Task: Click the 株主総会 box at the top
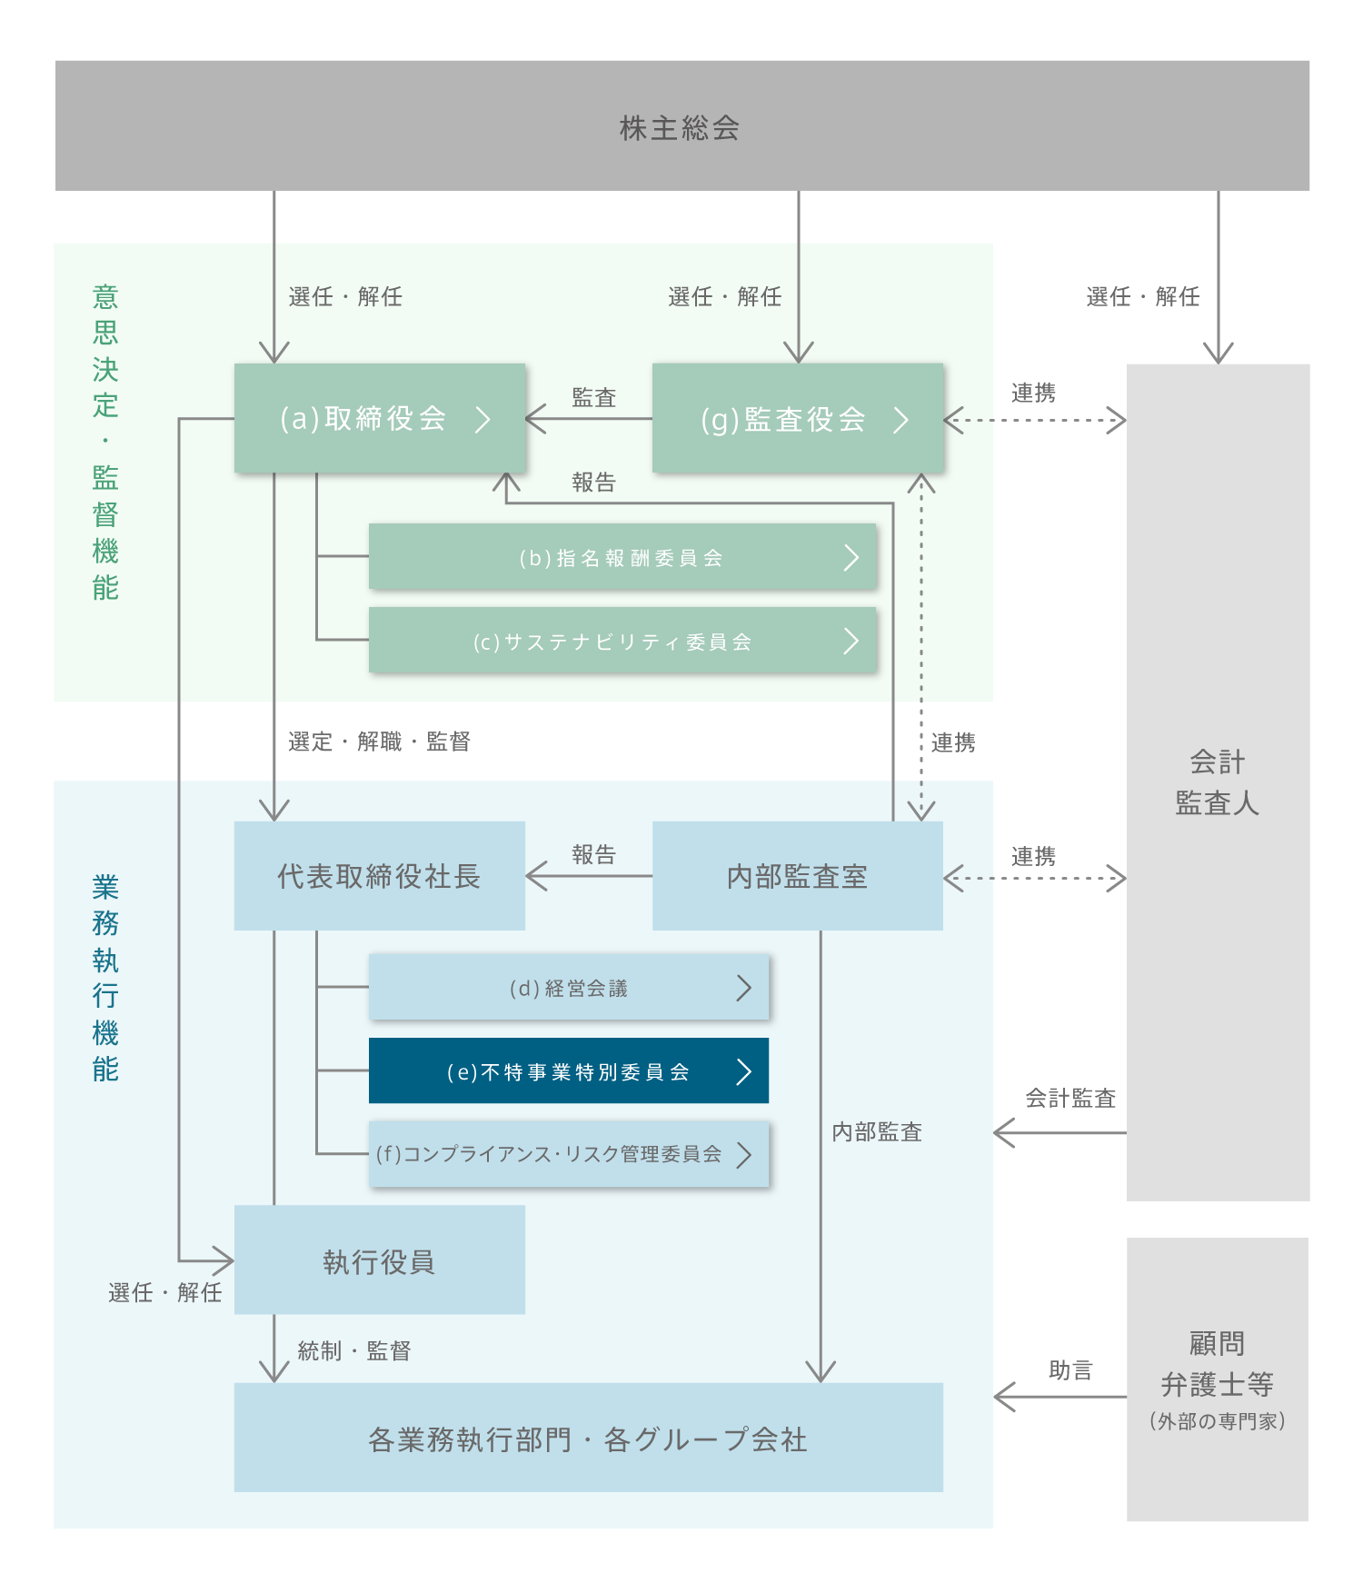(681, 126)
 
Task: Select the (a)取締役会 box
(379, 418)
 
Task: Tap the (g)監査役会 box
(797, 418)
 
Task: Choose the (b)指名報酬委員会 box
(622, 557)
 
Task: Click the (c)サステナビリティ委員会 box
(622, 641)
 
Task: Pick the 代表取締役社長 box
(379, 876)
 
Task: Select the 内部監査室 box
(797, 876)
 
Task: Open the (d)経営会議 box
(568, 988)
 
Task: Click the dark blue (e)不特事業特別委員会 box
(568, 1071)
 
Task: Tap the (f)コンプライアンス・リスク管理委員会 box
(568, 1154)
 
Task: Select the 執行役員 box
(379, 1260)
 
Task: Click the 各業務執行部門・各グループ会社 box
(588, 1438)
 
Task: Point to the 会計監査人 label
(1218, 782)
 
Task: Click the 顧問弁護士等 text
(1218, 1364)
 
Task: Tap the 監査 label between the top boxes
(593, 397)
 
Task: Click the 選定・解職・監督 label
(379, 742)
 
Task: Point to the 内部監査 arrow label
(877, 1131)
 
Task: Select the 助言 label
(1070, 1369)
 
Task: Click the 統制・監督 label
(354, 1350)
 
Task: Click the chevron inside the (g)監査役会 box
(900, 419)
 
